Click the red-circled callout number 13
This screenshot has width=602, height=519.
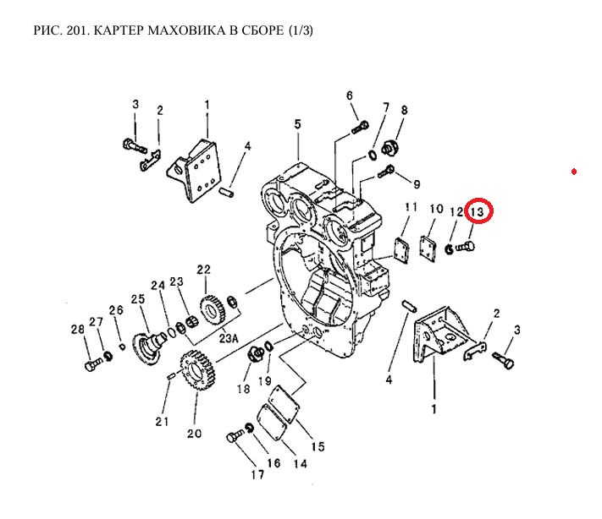pyautogui.click(x=478, y=211)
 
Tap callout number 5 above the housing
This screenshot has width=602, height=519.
pyautogui.click(x=297, y=124)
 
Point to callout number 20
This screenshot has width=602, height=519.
pyautogui.click(x=194, y=434)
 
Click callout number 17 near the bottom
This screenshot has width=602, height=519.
pyautogui.click(x=257, y=474)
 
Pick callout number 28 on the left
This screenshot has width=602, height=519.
pyautogui.click(x=78, y=329)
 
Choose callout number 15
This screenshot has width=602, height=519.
pyautogui.click(x=318, y=445)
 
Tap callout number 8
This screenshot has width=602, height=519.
pyautogui.click(x=404, y=110)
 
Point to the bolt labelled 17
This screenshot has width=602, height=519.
pyautogui.click(x=235, y=437)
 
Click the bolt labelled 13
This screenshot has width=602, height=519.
pyautogui.click(x=464, y=248)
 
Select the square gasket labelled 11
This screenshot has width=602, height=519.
pyautogui.click(x=406, y=250)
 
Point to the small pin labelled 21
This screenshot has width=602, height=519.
pyautogui.click(x=171, y=374)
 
